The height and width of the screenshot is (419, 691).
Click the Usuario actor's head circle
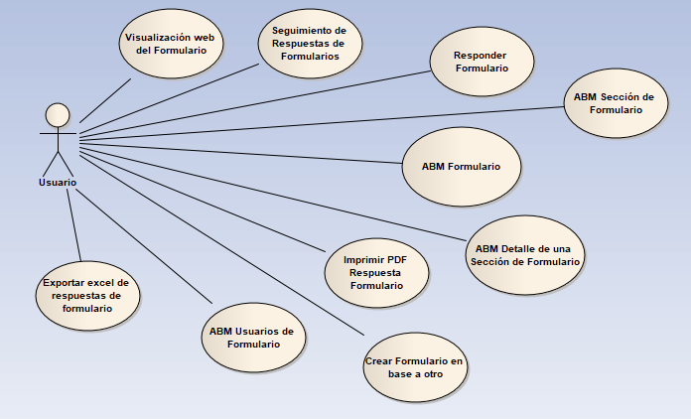click(x=58, y=113)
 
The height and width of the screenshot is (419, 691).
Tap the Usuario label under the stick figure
click(x=58, y=183)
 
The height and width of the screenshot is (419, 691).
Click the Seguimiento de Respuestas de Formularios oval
click(x=309, y=44)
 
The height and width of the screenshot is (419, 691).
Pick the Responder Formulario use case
click(x=482, y=63)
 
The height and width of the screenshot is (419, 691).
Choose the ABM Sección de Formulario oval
click(x=615, y=103)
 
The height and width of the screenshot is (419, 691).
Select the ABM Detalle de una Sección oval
click(x=526, y=254)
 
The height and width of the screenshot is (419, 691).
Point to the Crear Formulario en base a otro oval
click(x=413, y=368)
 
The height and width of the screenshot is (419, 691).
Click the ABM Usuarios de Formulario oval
click(x=252, y=338)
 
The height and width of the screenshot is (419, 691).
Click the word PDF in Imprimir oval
click(x=396, y=259)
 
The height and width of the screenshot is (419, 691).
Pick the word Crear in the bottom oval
click(x=380, y=361)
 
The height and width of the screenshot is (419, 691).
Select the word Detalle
click(x=518, y=247)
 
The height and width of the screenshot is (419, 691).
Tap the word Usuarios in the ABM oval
click(x=256, y=331)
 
